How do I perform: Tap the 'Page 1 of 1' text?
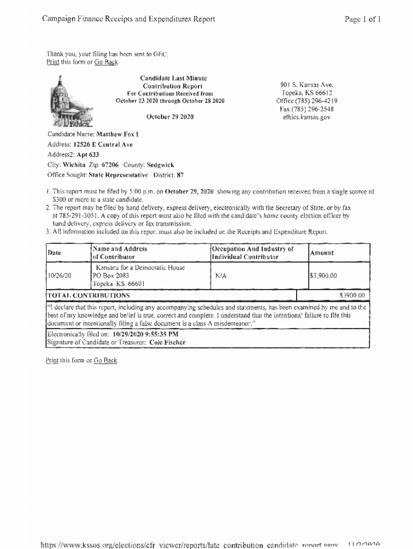click(364, 19)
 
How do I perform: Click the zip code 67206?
click(110, 165)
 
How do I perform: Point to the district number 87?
click(180, 175)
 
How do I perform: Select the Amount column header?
click(322, 253)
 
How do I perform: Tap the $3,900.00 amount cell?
click(323, 276)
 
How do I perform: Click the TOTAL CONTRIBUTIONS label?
click(88, 295)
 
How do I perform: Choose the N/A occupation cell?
click(221, 276)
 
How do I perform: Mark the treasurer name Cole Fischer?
click(167, 342)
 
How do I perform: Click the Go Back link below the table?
click(105, 360)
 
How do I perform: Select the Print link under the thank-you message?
click(52, 62)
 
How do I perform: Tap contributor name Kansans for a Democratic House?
click(140, 268)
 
